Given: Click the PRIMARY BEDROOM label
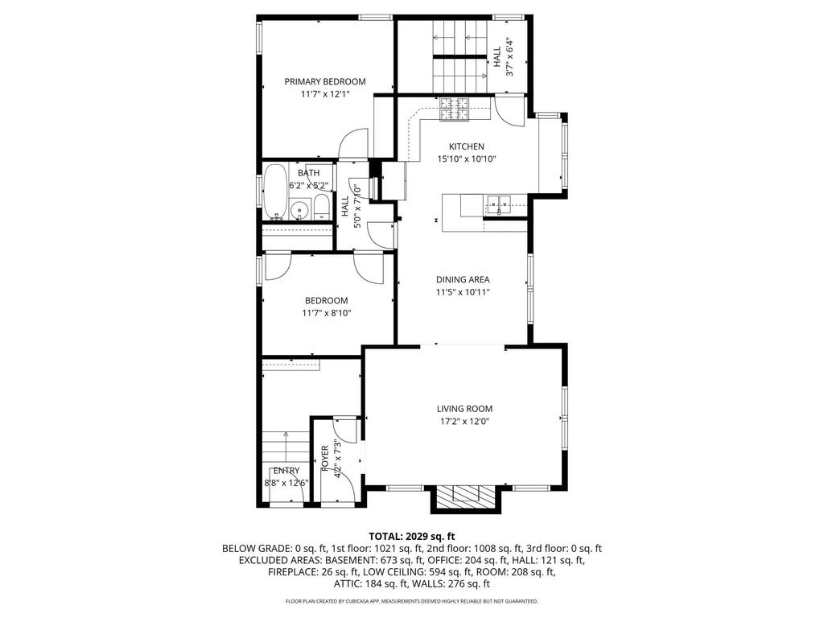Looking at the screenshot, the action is pyautogui.click(x=325, y=81).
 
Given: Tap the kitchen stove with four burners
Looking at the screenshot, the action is pyautogui.click(x=454, y=109).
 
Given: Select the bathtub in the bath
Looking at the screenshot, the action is pyautogui.click(x=275, y=192).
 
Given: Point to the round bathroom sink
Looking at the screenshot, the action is pyautogui.click(x=299, y=210).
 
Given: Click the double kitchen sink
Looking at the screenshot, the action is pyautogui.click(x=499, y=204).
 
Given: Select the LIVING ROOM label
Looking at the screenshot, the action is pyautogui.click(x=464, y=408).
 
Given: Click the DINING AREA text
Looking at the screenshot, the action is pyautogui.click(x=463, y=279).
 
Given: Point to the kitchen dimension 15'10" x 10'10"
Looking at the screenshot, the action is pyautogui.click(x=467, y=159).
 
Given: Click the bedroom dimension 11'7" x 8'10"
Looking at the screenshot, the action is pyautogui.click(x=327, y=313).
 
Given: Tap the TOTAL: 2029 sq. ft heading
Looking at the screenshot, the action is pyautogui.click(x=411, y=537).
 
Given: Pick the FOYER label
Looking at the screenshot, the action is pyautogui.click(x=325, y=458).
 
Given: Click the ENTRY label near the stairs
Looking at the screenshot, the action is pyautogui.click(x=286, y=470).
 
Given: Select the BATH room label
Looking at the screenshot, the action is pyautogui.click(x=308, y=173).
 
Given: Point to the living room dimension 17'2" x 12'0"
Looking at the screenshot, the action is pyautogui.click(x=464, y=421).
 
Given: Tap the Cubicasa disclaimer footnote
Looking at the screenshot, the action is pyautogui.click(x=411, y=600).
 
